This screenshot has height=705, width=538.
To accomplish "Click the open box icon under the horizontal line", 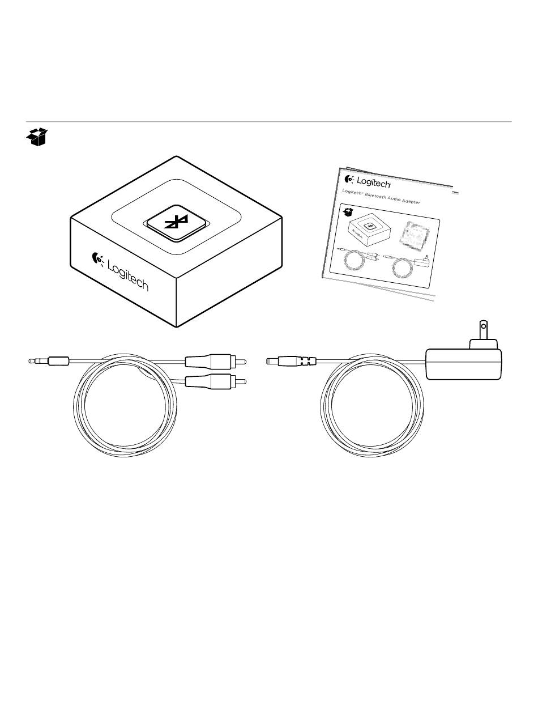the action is click(37, 137).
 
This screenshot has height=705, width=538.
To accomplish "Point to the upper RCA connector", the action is click(216, 362).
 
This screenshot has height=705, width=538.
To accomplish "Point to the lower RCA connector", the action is click(216, 381).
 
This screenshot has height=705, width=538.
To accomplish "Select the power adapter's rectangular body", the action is click(464, 364).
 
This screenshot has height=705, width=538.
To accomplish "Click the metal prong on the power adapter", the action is click(483, 330).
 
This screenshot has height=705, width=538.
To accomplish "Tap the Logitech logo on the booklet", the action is click(368, 181).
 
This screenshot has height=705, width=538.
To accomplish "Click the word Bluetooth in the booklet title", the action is click(375, 196).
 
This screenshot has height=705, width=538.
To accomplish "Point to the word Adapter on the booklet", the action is click(411, 201).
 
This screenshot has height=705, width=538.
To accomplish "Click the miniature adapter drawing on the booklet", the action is click(370, 230).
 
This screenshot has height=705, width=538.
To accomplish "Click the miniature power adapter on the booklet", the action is click(422, 261).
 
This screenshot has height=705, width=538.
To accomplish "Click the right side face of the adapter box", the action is click(229, 271).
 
